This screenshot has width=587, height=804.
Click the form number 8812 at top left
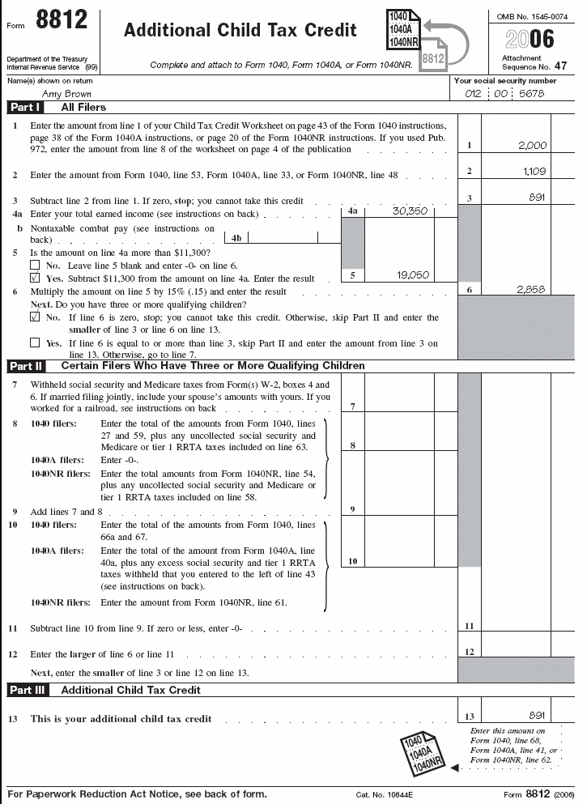click(x=62, y=22)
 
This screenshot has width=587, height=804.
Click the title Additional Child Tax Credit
click(x=240, y=31)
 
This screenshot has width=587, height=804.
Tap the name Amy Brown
click(x=66, y=94)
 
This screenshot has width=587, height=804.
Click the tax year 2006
click(x=530, y=40)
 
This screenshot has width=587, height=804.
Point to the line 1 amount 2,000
click(x=532, y=146)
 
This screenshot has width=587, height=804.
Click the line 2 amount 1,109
click(x=534, y=172)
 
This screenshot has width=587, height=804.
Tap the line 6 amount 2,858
click(x=532, y=289)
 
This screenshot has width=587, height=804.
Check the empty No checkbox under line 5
click(x=34, y=265)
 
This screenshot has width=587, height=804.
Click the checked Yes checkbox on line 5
click(x=34, y=278)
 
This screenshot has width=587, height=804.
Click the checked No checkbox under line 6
click(x=34, y=318)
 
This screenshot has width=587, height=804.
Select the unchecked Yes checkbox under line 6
click(x=34, y=343)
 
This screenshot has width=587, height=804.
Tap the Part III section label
click(x=28, y=690)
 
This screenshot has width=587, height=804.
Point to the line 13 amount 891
click(x=535, y=715)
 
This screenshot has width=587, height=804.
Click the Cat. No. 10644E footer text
click(x=385, y=794)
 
